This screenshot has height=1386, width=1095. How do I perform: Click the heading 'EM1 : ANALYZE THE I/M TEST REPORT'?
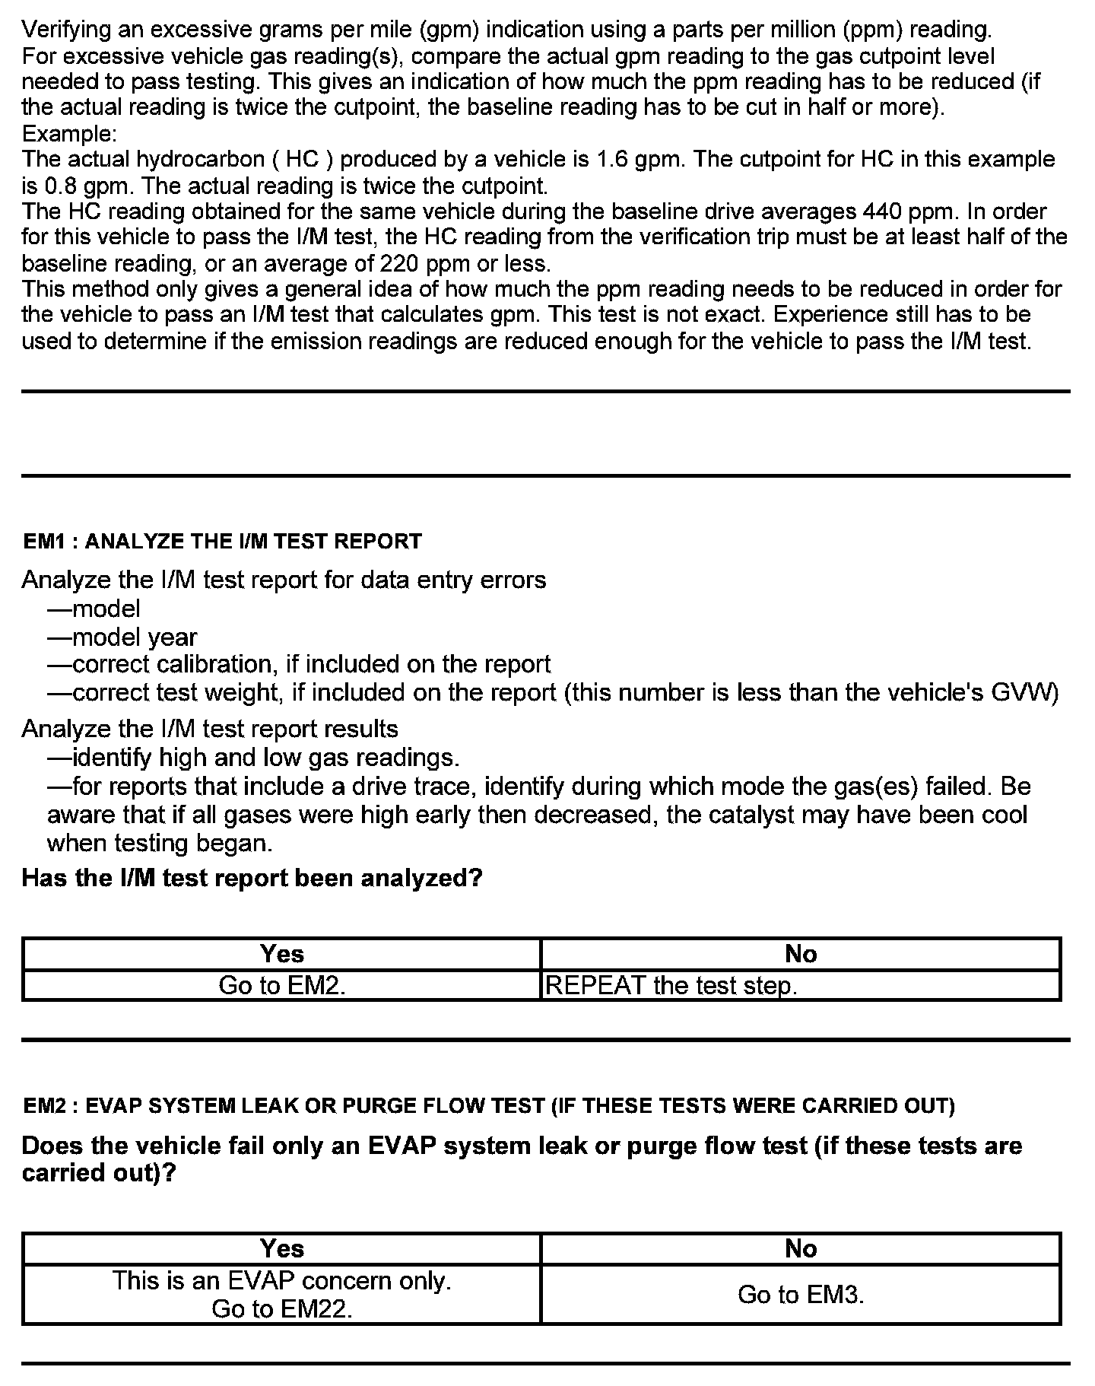pos(222,542)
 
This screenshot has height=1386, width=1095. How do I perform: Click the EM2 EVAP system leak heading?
pos(489,1105)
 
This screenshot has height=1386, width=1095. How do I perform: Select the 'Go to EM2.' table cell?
pos(282,985)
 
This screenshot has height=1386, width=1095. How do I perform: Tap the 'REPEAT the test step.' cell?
pos(671,985)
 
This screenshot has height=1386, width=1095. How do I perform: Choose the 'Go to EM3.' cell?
pos(801,1295)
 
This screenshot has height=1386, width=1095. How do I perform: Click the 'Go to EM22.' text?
pos(282,1308)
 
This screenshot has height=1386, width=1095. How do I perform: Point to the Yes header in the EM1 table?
pos(282,954)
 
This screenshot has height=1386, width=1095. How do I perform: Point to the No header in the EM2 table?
pos(801,1248)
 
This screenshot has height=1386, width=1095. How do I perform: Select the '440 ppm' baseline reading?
pos(913,211)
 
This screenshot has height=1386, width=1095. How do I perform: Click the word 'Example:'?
pos(69,134)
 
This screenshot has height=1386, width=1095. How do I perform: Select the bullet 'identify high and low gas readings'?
pos(253,758)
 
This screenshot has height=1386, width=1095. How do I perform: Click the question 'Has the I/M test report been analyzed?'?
pos(252,878)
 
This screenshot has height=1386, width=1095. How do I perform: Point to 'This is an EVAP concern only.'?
pos(282,1281)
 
